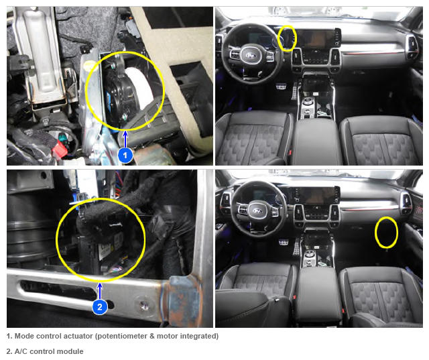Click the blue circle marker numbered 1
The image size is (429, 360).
tap(125, 155)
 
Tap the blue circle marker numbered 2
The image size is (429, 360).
tap(100, 306)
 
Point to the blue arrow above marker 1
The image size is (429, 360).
tap(125, 139)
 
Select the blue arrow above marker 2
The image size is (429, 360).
tap(100, 291)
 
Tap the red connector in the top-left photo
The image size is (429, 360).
tap(62, 149)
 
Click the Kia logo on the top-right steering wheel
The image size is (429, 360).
tap(251, 56)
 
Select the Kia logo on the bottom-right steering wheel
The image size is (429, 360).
tap(257, 211)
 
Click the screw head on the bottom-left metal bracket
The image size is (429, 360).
tap(143, 304)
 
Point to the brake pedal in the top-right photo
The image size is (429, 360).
tap(281, 87)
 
